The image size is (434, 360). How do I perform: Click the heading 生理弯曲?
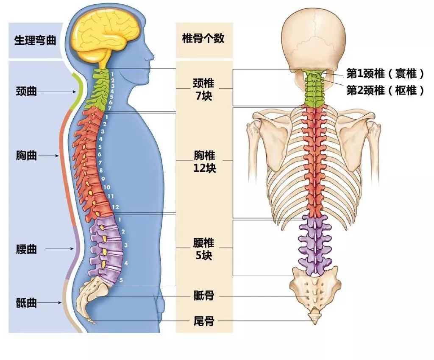(x=35, y=40)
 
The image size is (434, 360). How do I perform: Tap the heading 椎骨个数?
(x=203, y=38)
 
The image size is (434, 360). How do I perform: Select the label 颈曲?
(x=26, y=91)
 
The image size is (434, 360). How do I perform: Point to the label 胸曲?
(x=26, y=155)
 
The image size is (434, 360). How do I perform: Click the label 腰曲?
(x=26, y=249)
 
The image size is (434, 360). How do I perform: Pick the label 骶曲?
(x=26, y=303)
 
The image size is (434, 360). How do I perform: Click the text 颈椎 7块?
(x=204, y=89)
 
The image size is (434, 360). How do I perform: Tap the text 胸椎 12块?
(x=205, y=162)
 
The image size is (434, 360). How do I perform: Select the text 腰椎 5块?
(x=204, y=249)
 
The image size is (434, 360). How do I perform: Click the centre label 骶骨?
(x=204, y=296)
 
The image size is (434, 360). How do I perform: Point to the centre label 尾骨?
(x=204, y=321)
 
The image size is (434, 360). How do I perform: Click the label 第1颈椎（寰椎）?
(x=385, y=74)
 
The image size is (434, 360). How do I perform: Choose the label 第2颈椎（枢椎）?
(x=385, y=90)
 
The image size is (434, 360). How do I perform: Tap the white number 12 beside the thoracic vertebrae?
(x=115, y=207)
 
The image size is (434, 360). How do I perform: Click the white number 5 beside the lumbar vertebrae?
(x=121, y=280)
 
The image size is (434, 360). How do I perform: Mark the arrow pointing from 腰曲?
(x=59, y=248)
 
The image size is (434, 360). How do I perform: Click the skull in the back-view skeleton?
(x=314, y=42)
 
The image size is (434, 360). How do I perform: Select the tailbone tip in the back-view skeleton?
(x=315, y=324)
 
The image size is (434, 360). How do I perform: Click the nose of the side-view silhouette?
(x=152, y=56)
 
